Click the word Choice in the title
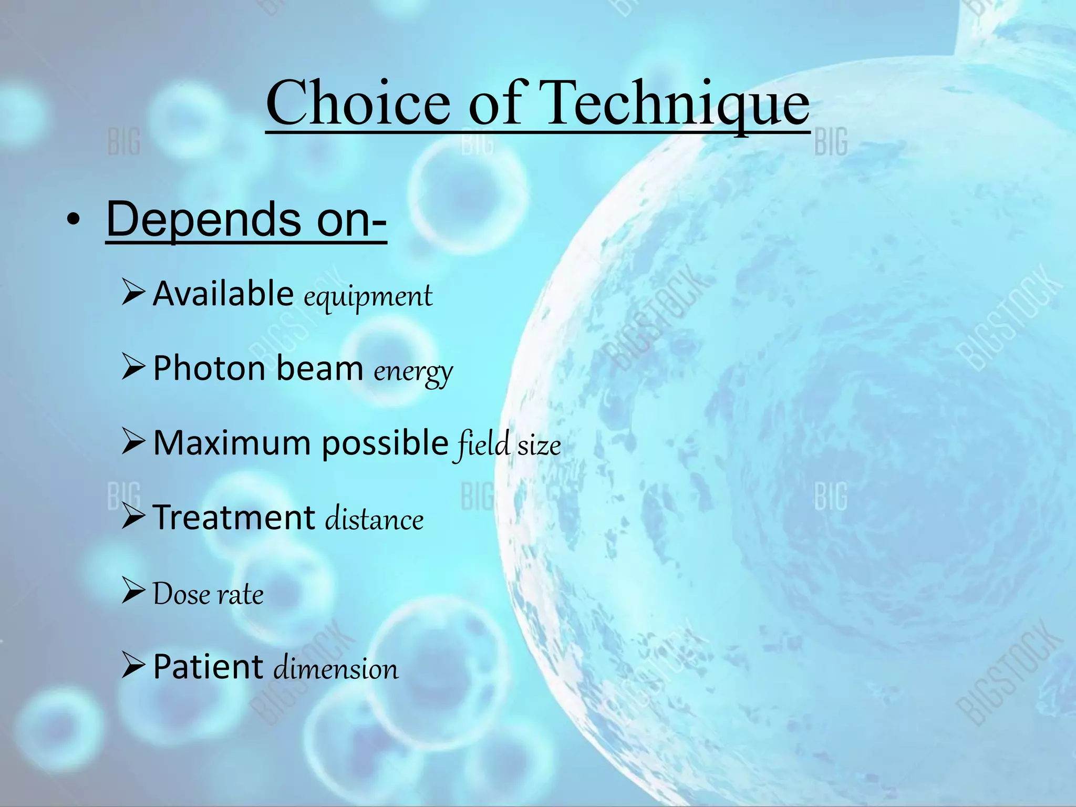[358, 103]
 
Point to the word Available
[223, 294]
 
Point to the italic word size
[539, 446]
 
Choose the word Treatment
[234, 518]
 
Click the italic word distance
[374, 519]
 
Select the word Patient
[208, 667]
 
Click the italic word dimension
[336, 669]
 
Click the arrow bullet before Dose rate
[133, 591]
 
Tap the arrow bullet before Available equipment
[133, 293]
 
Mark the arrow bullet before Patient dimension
[133, 665]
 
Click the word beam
[319, 368]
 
